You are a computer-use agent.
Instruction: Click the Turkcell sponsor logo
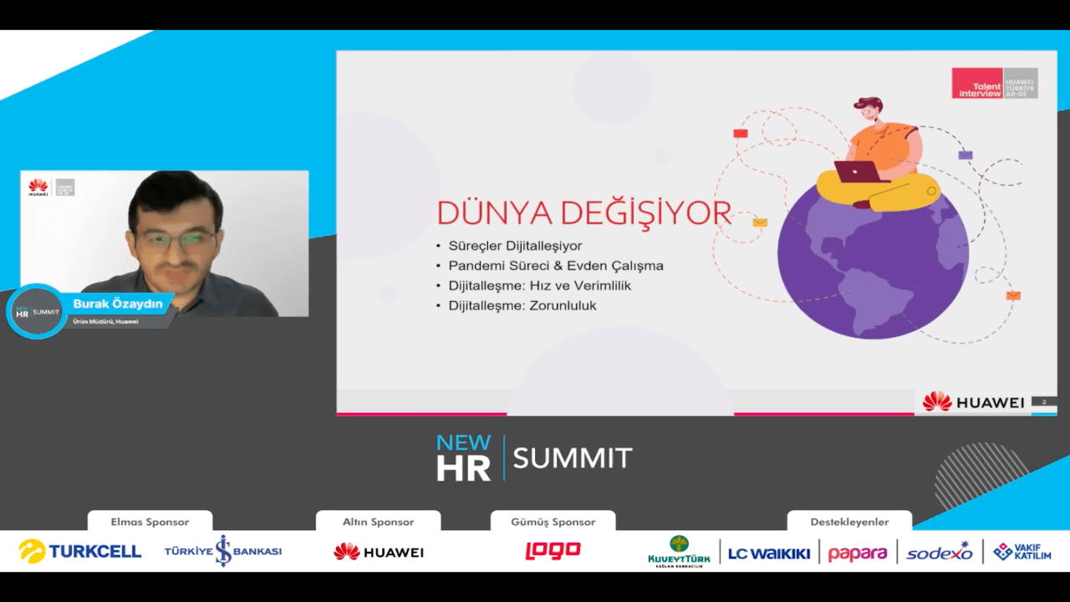click(80, 551)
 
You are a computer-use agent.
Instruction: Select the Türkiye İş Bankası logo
click(222, 551)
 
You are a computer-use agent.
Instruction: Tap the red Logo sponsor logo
click(553, 551)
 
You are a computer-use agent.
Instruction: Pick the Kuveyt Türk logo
click(679, 552)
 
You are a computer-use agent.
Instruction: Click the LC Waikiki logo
click(768, 553)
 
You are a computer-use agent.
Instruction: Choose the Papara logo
click(858, 553)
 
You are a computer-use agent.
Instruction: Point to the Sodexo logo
click(940, 552)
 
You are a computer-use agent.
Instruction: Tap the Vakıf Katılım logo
click(1022, 552)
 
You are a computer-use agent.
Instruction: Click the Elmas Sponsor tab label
click(150, 522)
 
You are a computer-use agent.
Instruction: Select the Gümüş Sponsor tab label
click(553, 522)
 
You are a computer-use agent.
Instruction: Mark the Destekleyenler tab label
click(849, 522)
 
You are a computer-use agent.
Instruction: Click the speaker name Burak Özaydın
click(118, 304)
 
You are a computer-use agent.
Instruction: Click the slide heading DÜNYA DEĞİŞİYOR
click(584, 213)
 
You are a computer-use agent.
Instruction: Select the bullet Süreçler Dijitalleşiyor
click(515, 246)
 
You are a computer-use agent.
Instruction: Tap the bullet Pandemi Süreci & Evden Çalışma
click(556, 266)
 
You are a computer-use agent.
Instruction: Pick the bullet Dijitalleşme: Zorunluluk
click(522, 306)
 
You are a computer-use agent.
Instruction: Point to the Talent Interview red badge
click(976, 84)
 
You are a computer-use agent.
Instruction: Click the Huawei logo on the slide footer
click(973, 402)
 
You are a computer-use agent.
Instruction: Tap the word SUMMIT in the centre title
click(573, 458)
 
